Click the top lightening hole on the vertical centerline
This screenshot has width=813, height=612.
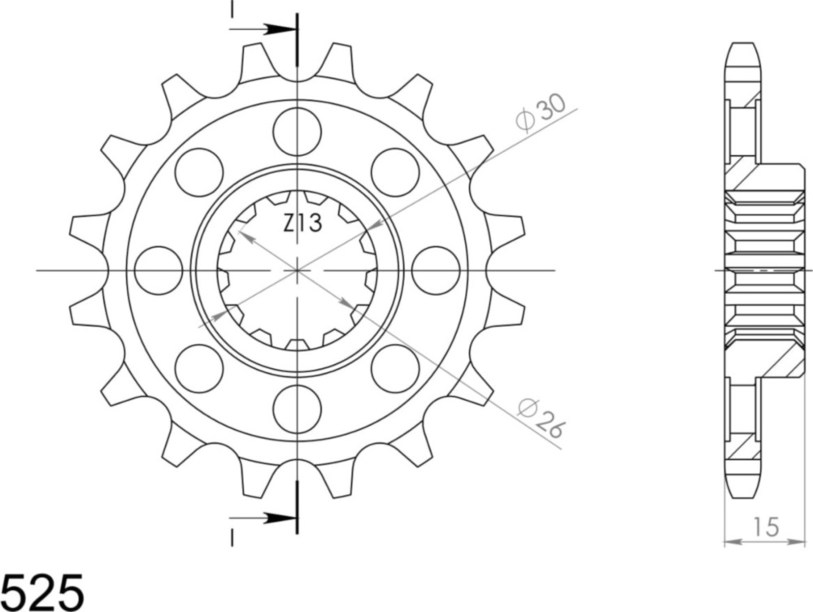point(298,130)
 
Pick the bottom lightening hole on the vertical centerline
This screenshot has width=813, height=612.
point(298,410)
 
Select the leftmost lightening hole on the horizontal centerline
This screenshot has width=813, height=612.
point(158,270)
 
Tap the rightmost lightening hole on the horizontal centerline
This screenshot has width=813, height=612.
point(437,270)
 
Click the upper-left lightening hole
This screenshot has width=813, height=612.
point(198,171)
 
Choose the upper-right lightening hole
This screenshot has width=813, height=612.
point(396,171)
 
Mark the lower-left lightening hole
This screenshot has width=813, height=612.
point(198,368)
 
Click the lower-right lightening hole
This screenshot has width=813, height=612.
point(396,368)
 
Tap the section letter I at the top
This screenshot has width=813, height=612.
point(232,9)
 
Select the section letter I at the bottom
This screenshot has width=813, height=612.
point(232,537)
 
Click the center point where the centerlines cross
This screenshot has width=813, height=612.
point(298,269)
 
